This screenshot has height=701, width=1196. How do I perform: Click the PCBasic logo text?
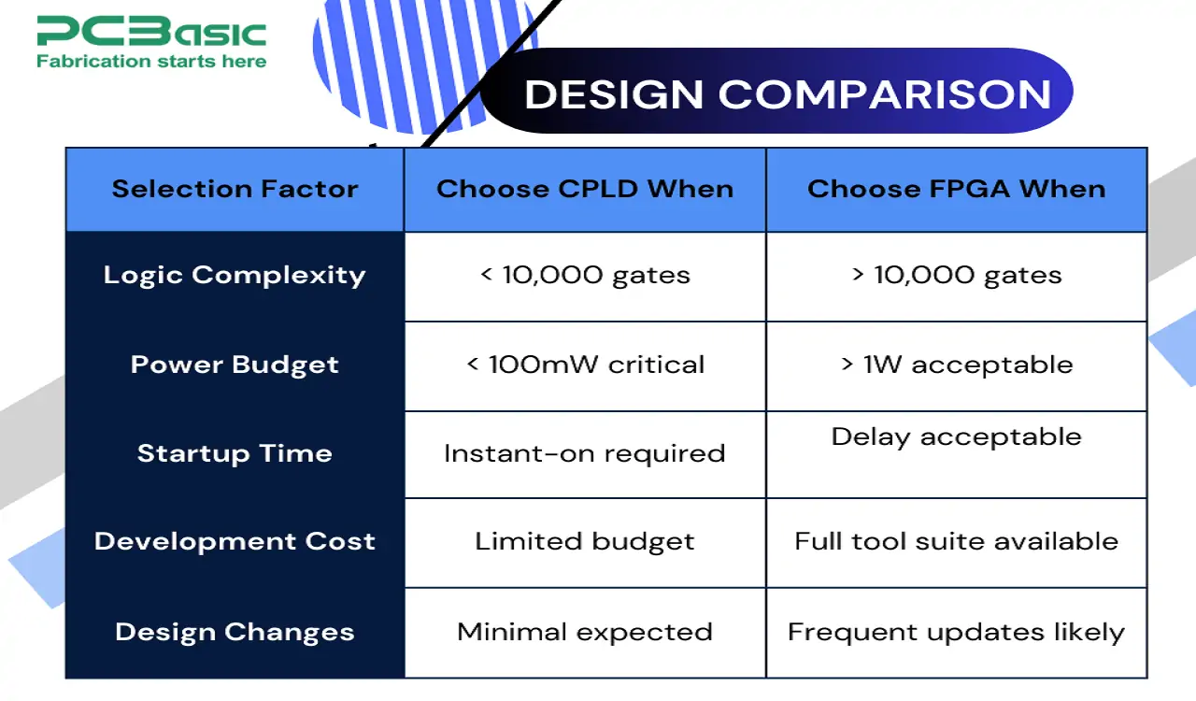click(x=151, y=32)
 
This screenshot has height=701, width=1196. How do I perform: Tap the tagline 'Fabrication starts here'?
click(x=151, y=62)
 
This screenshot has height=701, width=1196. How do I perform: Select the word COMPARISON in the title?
click(x=884, y=94)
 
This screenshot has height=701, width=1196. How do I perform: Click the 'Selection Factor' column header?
click(x=235, y=189)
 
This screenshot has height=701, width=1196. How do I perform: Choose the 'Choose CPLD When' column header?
click(x=585, y=189)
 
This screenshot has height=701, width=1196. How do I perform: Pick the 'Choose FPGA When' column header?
click(x=956, y=189)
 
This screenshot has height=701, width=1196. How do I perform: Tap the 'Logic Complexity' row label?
click(x=235, y=275)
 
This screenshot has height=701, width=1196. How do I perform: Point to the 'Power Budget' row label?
click(x=235, y=365)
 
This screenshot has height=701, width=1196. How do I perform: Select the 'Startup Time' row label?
click(x=235, y=453)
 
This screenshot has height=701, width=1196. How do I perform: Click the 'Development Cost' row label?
click(x=235, y=541)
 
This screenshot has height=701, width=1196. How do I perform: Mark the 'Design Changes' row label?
click(x=235, y=632)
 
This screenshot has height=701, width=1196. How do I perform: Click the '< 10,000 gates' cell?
click(x=585, y=275)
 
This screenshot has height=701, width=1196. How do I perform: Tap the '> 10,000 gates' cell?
click(x=956, y=275)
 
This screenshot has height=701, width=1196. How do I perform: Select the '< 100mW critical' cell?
click(x=585, y=365)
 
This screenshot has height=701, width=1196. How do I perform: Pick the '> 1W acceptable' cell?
click(x=956, y=365)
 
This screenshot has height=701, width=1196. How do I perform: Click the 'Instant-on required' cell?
click(x=585, y=453)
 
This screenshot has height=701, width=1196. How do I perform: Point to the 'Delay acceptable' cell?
click(x=956, y=436)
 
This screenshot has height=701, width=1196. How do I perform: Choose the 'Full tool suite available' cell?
click(x=956, y=541)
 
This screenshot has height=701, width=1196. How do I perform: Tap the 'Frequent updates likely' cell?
click(x=956, y=632)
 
